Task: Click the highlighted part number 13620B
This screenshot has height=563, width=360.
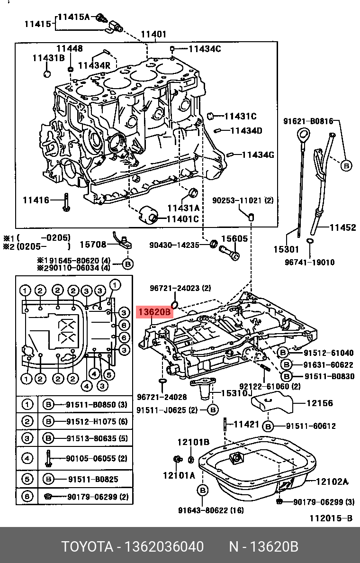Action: point(154,312)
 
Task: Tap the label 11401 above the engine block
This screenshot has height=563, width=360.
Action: point(153,34)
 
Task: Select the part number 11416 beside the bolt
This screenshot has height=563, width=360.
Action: point(36,200)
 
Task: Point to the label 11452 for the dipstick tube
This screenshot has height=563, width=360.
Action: point(342,227)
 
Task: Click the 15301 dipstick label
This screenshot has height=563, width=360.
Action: point(287,249)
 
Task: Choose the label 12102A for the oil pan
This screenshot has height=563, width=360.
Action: point(332,482)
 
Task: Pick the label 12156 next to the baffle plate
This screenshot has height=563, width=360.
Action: point(320,403)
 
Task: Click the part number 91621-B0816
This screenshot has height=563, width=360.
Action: point(308,121)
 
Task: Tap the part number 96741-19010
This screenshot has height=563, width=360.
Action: point(310,262)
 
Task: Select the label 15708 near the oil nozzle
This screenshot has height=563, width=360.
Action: point(93,245)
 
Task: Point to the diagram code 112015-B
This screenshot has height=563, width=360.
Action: point(331,518)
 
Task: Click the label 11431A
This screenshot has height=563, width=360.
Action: point(183,208)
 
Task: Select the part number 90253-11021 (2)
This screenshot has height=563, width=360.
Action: point(243,200)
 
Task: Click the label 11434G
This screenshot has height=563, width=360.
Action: point(258,154)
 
